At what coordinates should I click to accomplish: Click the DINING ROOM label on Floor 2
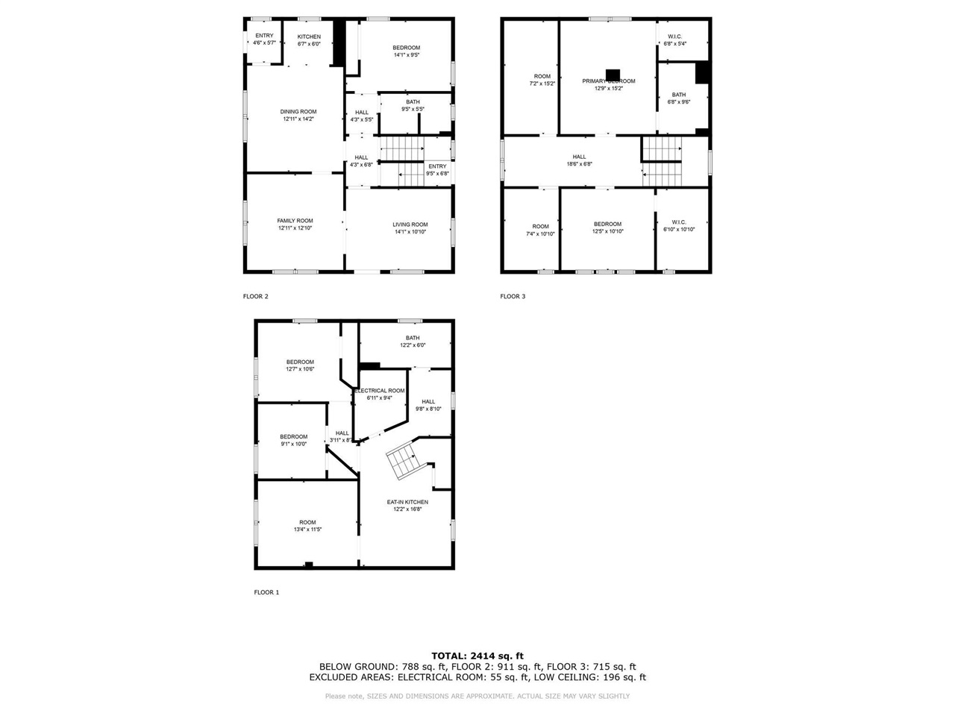[298, 112]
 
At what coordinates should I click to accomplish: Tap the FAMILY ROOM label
[295, 221]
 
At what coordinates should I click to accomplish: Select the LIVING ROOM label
[410, 224]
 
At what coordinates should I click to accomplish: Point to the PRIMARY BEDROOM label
[609, 81]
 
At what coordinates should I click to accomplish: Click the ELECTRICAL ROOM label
[380, 391]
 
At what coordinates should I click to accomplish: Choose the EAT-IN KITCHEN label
[407, 502]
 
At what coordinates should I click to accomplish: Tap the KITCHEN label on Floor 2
[309, 37]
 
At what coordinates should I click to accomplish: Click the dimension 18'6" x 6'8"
[580, 164]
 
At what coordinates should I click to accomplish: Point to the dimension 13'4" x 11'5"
[307, 530]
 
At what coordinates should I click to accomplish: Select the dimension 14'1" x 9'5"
[407, 54]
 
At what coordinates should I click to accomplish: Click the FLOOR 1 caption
[266, 592]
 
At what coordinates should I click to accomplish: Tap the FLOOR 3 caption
[513, 296]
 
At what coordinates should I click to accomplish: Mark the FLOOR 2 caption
[255, 296]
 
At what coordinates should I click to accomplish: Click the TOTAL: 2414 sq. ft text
[477, 656]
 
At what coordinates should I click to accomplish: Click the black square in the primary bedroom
[613, 74]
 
